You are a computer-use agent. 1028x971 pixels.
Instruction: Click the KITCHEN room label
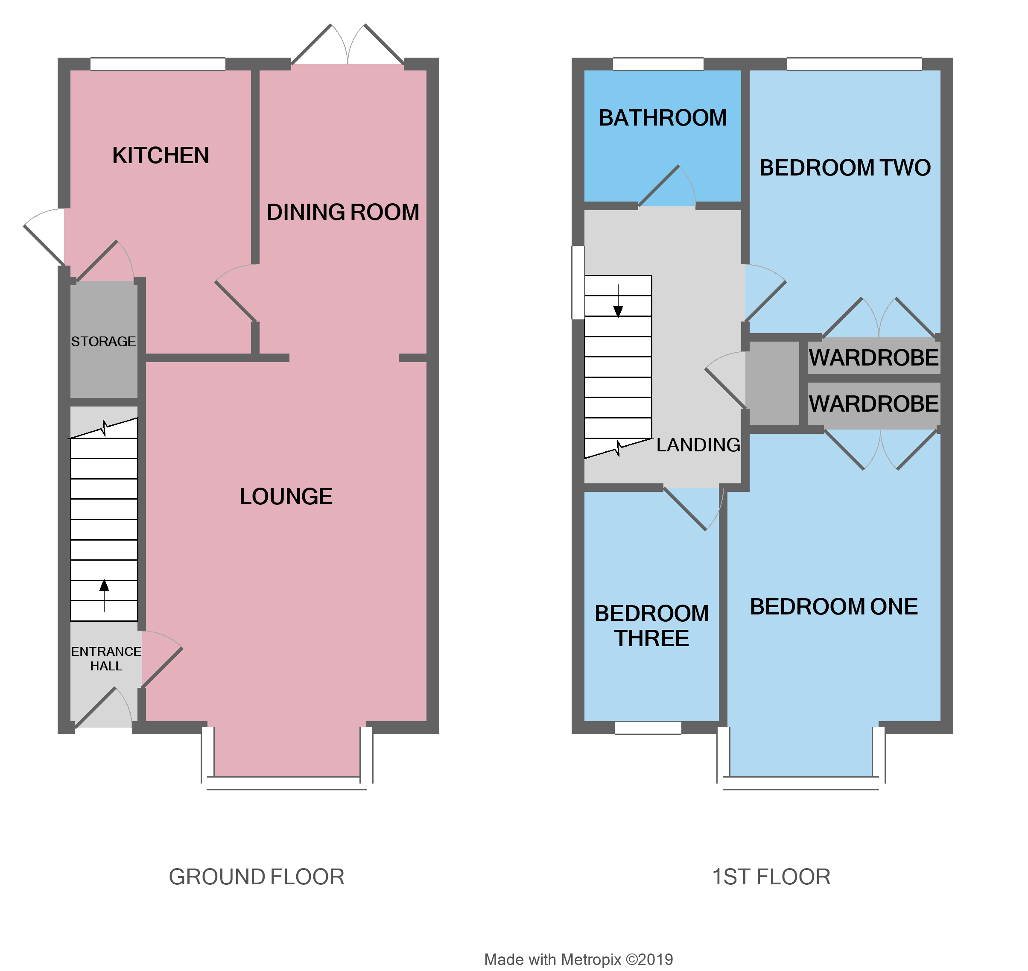click(161, 155)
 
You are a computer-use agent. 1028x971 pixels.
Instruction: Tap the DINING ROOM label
click(342, 212)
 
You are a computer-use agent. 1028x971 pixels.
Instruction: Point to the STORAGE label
click(103, 342)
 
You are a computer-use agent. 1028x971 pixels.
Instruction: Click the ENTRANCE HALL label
click(106, 659)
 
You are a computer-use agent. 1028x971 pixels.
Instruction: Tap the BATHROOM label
click(663, 118)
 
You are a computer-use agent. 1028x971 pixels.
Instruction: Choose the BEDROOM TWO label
click(845, 168)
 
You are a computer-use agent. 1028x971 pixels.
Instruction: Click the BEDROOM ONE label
click(834, 607)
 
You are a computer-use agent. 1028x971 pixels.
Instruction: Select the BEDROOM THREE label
click(651, 626)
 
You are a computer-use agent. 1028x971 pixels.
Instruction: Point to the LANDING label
click(698, 445)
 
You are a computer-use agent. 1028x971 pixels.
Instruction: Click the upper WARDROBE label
click(873, 358)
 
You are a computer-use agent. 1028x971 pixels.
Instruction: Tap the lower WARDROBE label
click(873, 404)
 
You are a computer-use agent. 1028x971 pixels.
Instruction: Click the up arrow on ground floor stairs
click(104, 588)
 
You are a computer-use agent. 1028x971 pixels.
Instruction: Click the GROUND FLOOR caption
click(257, 877)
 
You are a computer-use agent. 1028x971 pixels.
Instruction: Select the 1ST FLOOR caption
click(771, 877)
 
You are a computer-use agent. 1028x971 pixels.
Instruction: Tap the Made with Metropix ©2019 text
click(578, 959)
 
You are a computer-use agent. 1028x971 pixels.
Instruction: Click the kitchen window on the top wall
click(158, 64)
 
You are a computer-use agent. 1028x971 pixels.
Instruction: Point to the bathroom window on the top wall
click(658, 64)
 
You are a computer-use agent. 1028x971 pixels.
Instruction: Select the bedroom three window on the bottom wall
click(648, 727)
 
